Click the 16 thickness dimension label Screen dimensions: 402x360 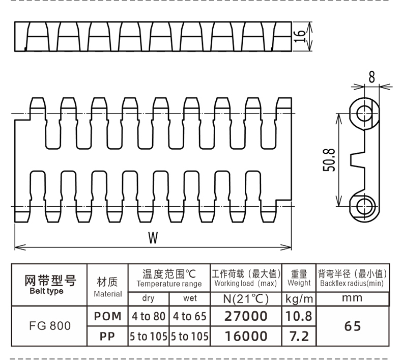point(300,37)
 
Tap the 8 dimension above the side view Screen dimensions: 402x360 point(371,77)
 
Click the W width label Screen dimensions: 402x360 point(153,238)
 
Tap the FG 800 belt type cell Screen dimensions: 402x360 point(50,326)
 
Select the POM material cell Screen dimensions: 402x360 point(107,316)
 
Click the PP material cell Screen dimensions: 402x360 point(107,337)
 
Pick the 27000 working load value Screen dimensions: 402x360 point(246,316)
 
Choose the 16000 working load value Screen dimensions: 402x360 point(246,336)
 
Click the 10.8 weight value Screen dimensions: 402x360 point(299,316)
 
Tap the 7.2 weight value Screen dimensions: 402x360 point(299,336)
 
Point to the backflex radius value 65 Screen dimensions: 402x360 point(353,326)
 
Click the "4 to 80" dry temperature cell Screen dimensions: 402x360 point(149,316)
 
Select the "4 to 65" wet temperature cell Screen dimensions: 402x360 point(190,316)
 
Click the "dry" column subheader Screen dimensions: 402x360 point(148,298)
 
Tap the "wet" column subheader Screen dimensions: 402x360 point(190,298)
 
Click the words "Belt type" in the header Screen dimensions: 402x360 point(46,291)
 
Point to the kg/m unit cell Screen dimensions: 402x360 point(299,299)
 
